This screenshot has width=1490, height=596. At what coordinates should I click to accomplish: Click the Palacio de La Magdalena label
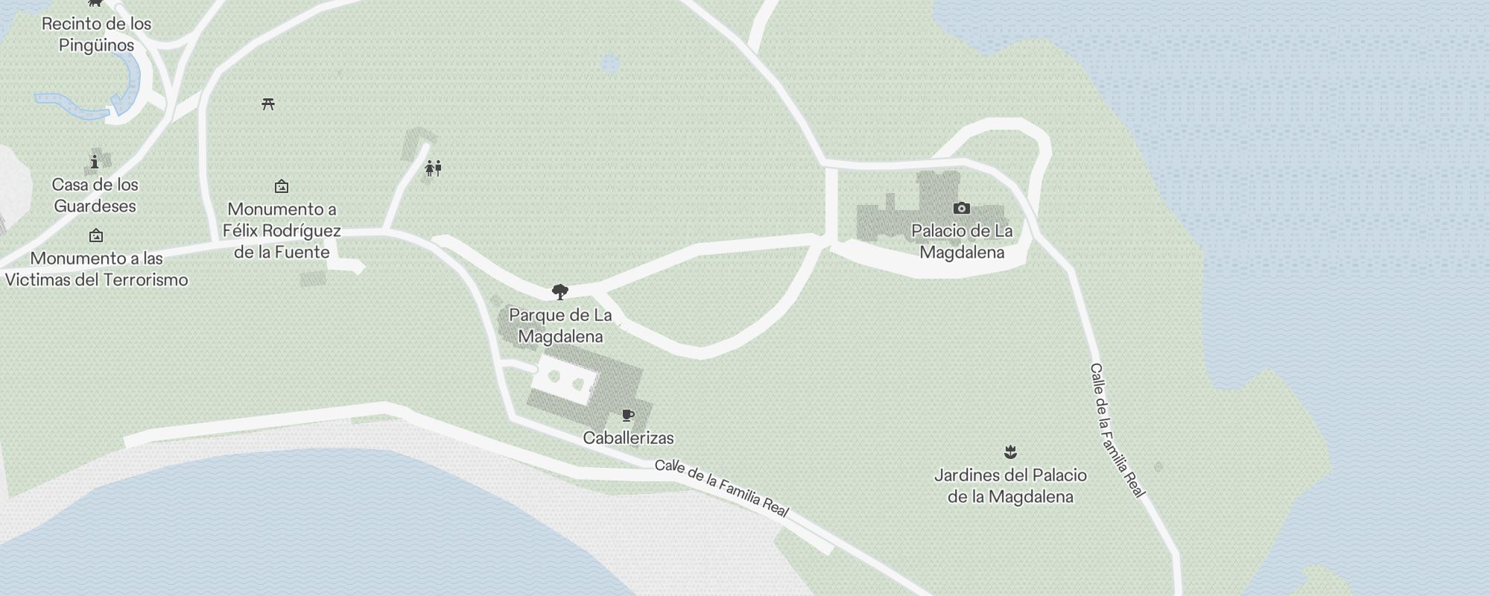pyautogui.click(x=962, y=241)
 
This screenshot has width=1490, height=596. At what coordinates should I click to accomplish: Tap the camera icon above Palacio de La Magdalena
pyautogui.click(x=962, y=208)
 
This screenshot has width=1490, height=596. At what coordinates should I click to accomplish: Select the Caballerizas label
pyautogui.click(x=628, y=438)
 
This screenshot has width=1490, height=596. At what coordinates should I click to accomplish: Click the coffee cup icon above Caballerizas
pyautogui.click(x=628, y=415)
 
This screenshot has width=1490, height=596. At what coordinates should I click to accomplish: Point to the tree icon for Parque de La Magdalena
pyautogui.click(x=560, y=291)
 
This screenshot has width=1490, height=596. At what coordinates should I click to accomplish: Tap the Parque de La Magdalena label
pyautogui.click(x=560, y=326)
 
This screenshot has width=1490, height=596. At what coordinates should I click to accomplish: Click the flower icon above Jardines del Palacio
pyautogui.click(x=1010, y=451)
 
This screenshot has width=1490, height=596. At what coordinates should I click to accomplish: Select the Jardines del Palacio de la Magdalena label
pyautogui.click(x=1010, y=486)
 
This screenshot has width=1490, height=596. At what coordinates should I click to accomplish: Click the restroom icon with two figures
pyautogui.click(x=433, y=168)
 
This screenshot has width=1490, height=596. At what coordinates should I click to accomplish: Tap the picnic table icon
pyautogui.click(x=268, y=104)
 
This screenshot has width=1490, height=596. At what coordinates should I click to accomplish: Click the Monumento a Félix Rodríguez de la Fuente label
pyautogui.click(x=282, y=230)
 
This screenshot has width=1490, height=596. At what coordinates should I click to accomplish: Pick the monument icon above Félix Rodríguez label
pyautogui.click(x=282, y=186)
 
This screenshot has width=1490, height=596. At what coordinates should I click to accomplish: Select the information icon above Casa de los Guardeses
pyautogui.click(x=95, y=162)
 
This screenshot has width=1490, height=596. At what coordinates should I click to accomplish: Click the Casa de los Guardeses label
pyautogui.click(x=95, y=195)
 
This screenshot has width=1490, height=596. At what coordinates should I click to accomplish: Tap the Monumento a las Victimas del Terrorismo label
pyautogui.click(x=96, y=269)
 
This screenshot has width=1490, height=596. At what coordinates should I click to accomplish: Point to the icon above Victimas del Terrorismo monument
pyautogui.click(x=96, y=236)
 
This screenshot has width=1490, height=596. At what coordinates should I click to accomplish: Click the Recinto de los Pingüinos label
pyautogui.click(x=96, y=34)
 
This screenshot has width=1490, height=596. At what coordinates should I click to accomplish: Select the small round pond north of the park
pyautogui.click(x=610, y=64)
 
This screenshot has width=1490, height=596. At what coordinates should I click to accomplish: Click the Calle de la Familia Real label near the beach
pyautogui.click(x=721, y=488)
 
